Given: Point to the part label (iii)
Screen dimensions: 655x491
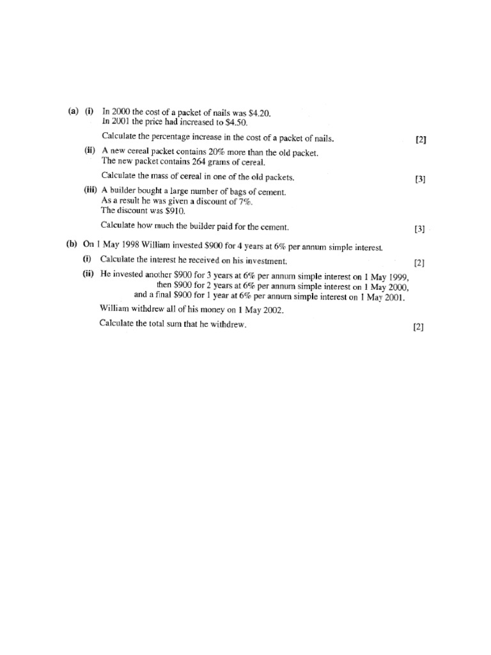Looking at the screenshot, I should coord(90,191).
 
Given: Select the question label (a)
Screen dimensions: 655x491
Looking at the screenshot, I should coord(73,111).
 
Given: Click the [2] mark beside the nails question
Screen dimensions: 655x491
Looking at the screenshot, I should coord(420,140).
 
